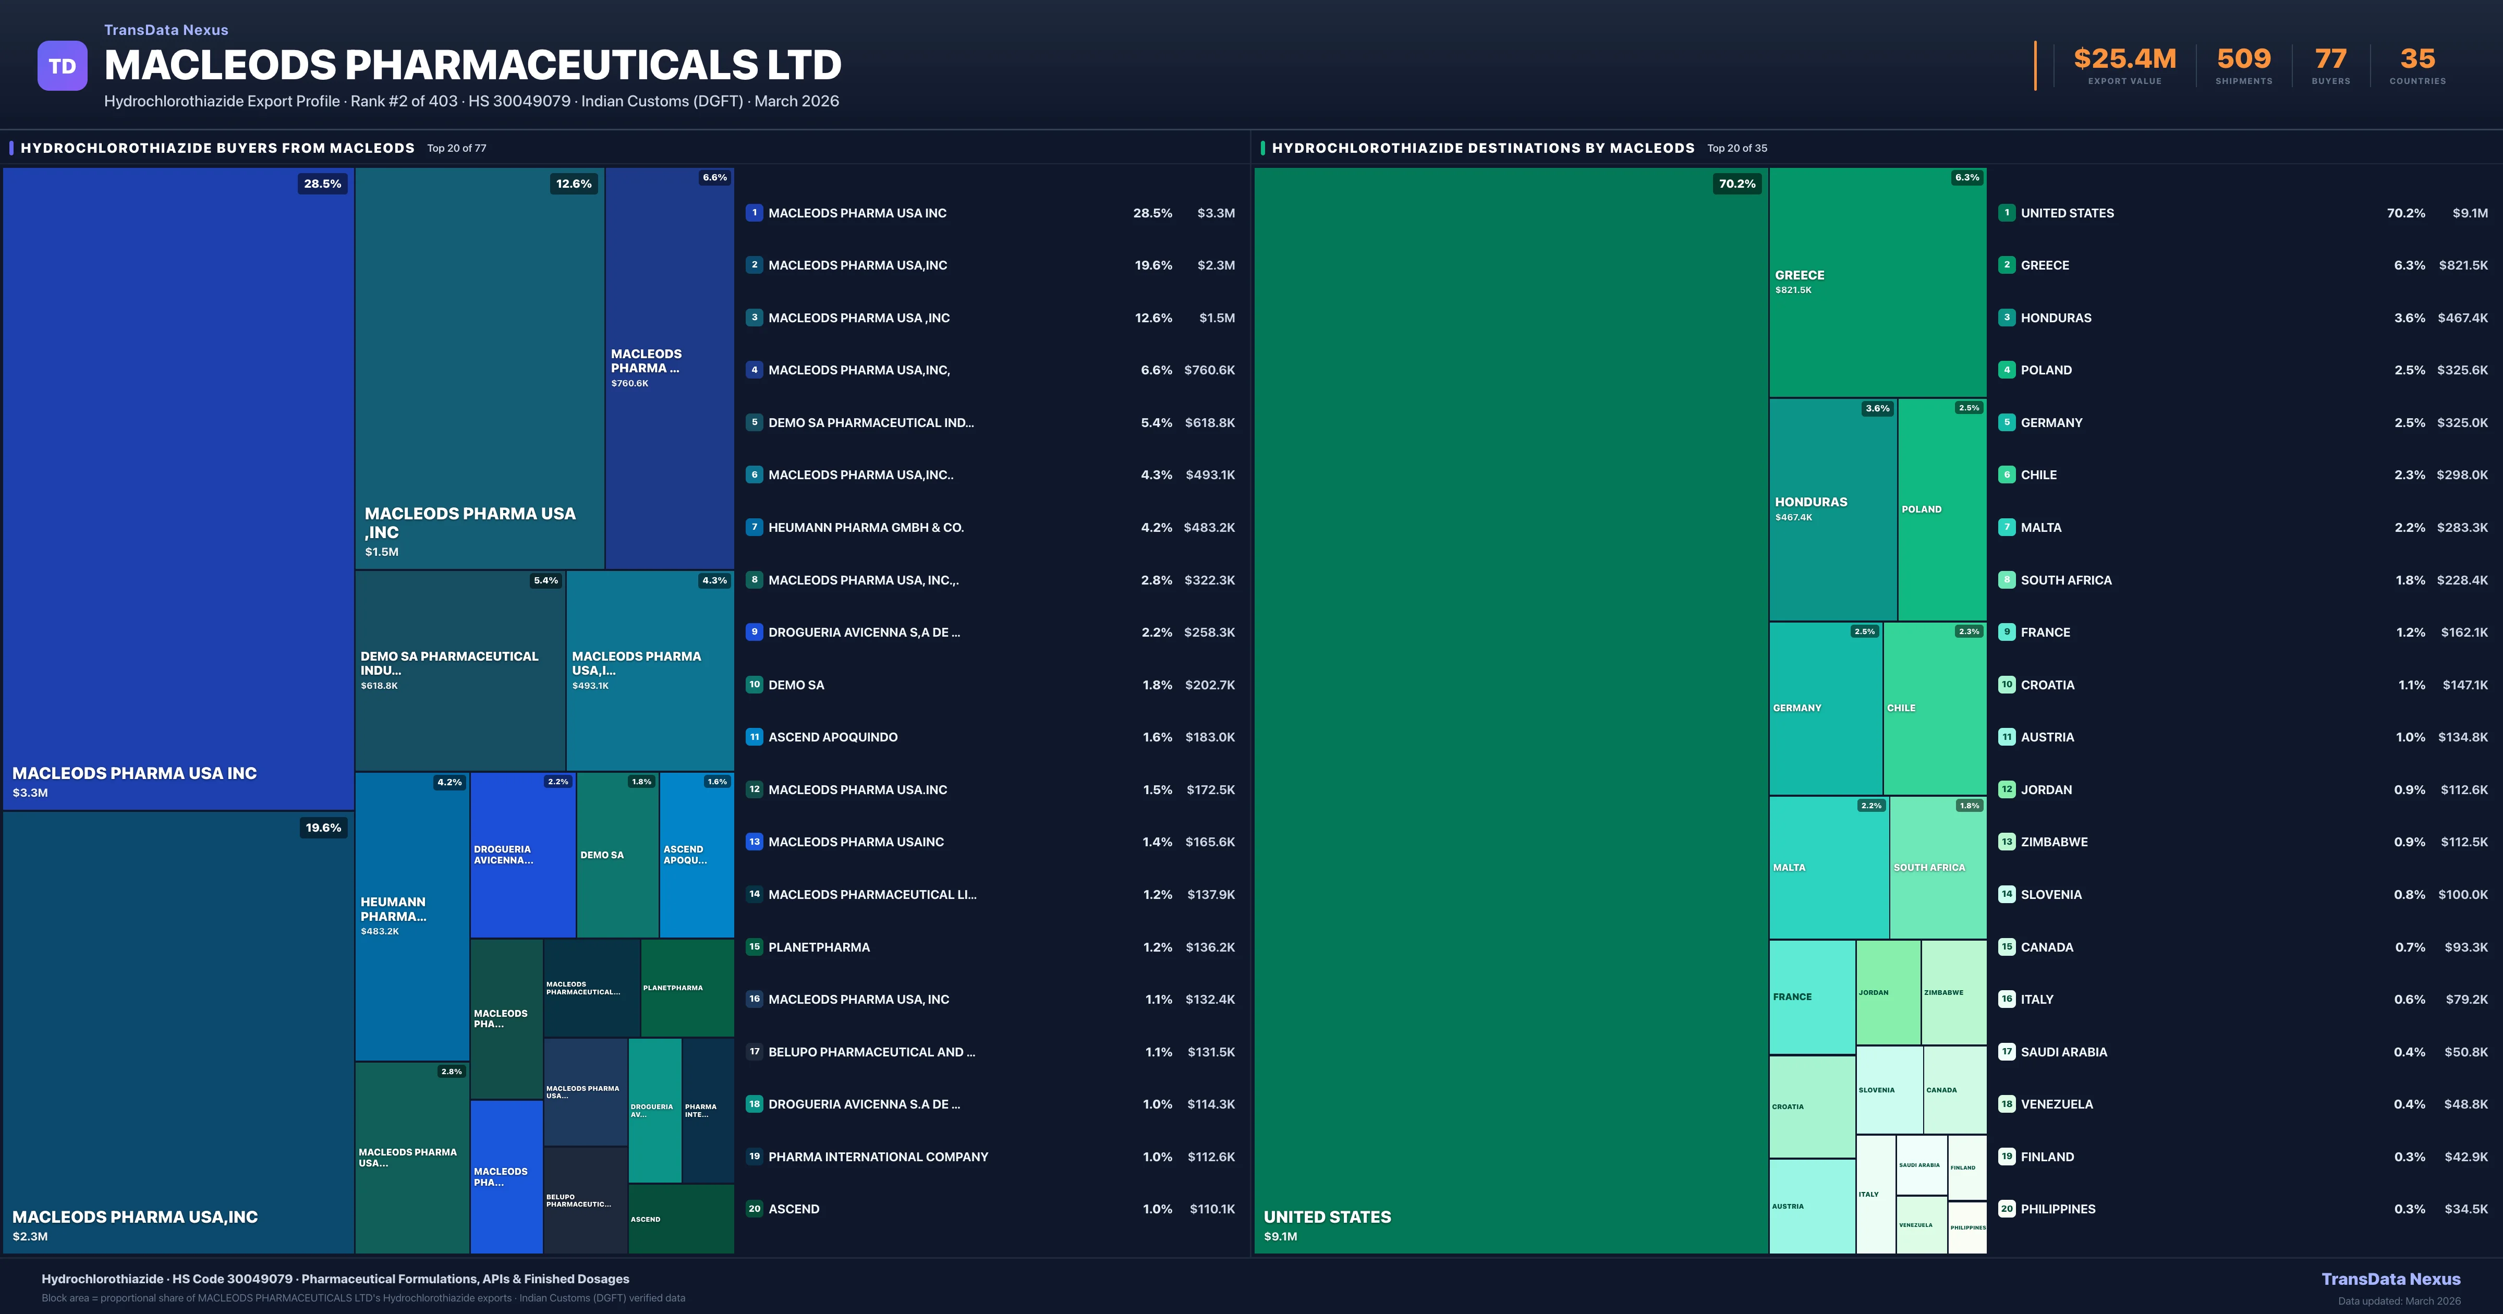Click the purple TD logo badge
62,66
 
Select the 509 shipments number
2243,59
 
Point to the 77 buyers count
2330,59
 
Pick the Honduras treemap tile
1832,509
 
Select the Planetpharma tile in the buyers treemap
687,988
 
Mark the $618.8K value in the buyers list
1210,423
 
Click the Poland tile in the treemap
1941,509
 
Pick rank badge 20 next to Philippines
2007,1209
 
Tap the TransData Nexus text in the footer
2390,1279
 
